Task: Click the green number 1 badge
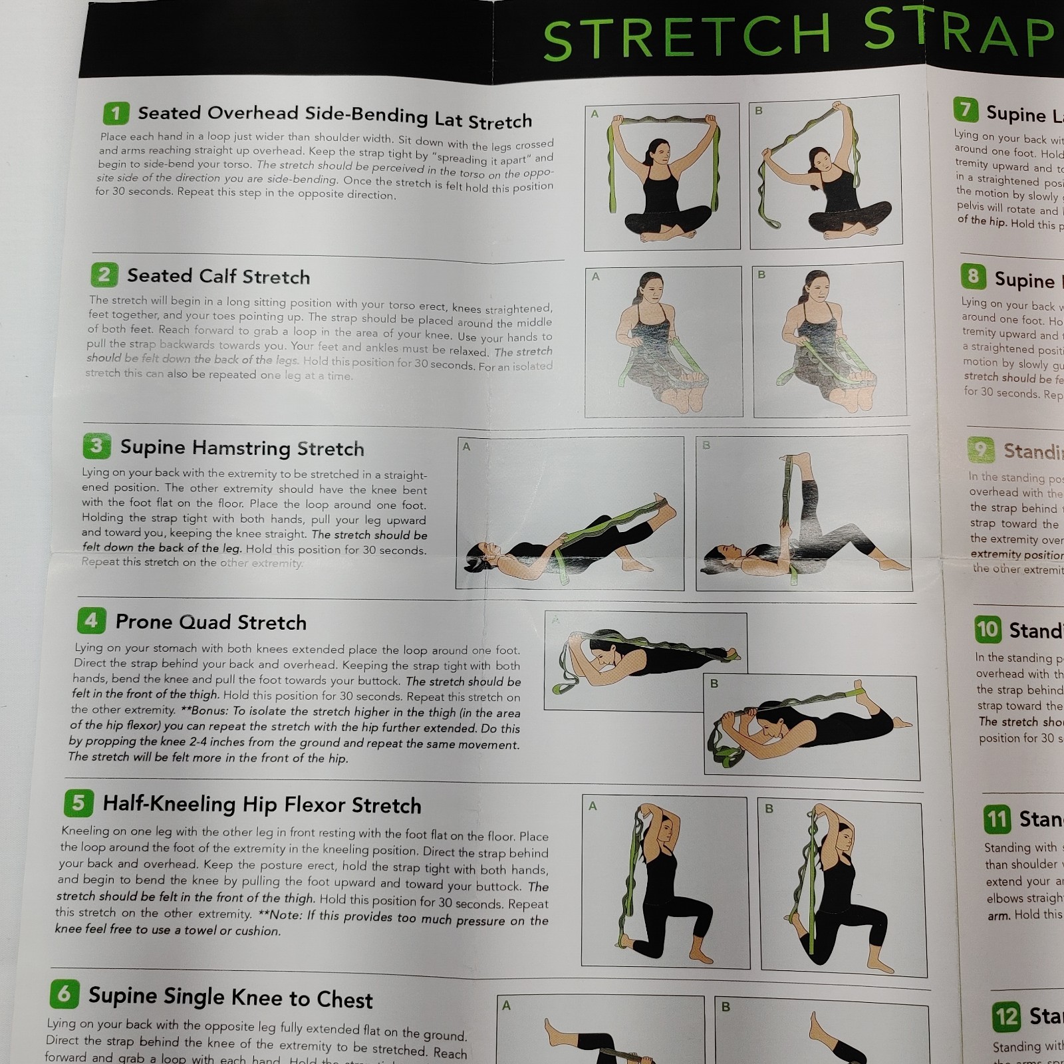point(116,113)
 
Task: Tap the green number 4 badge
point(91,620)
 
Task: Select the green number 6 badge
point(65,994)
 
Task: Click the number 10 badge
point(988,628)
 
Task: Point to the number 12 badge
point(1006,1017)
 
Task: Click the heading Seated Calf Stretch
point(218,276)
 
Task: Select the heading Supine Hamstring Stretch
point(242,448)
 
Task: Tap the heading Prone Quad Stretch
point(211,622)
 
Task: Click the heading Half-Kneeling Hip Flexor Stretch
point(262,805)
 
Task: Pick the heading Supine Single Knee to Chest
point(230,997)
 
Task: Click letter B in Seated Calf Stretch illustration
point(761,275)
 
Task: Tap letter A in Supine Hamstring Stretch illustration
point(466,447)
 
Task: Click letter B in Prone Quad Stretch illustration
point(714,684)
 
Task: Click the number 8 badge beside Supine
point(973,275)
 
